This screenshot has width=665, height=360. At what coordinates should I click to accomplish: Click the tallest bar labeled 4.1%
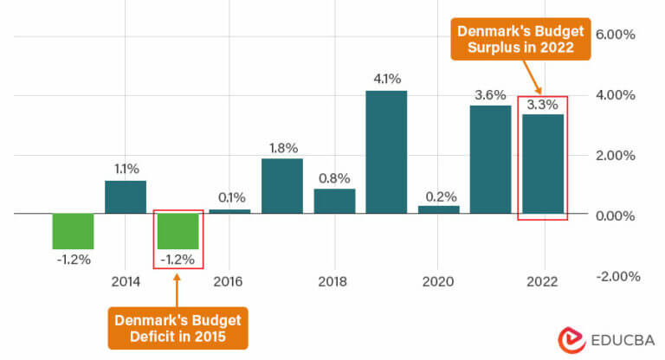click(x=386, y=151)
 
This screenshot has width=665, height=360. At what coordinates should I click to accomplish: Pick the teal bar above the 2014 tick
click(x=126, y=196)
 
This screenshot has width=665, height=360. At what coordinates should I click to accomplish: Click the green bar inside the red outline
click(x=178, y=230)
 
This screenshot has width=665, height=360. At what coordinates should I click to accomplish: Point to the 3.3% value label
click(x=543, y=105)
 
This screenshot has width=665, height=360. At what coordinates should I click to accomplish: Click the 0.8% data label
click(x=334, y=178)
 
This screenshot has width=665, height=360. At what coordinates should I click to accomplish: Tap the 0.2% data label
click(x=438, y=195)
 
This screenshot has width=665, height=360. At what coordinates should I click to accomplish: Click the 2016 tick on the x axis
click(x=230, y=281)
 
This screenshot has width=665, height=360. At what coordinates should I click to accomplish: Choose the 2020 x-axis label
click(x=438, y=281)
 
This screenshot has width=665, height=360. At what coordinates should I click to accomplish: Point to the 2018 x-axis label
click(x=334, y=281)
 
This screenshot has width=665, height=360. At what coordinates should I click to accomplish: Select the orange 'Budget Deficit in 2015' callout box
click(x=178, y=327)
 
